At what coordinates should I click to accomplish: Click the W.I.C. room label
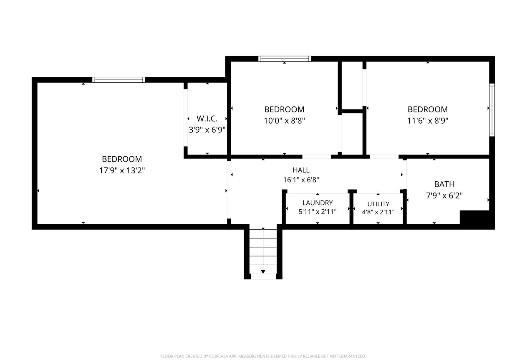[207, 119]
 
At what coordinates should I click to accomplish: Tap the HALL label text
[301, 170]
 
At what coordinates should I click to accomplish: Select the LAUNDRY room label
[318, 203]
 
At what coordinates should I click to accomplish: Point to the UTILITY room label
[378, 204]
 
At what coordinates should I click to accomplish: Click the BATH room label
[444, 184]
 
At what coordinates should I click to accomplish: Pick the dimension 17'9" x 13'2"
[122, 170]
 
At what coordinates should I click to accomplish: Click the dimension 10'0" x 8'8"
[284, 121]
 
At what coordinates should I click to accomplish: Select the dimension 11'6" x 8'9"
[428, 121]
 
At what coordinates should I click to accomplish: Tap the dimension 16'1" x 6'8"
[301, 180]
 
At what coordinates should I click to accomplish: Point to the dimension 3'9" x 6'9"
[207, 130]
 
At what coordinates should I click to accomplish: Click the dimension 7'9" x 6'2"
[444, 195]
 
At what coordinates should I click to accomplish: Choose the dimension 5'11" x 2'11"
[318, 212]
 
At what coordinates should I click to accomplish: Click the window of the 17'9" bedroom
[119, 80]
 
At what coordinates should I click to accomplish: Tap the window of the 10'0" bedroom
[285, 59]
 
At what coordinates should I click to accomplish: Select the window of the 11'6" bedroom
[492, 110]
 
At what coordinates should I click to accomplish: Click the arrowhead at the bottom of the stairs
[263, 272]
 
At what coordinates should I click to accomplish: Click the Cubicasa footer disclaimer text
[263, 356]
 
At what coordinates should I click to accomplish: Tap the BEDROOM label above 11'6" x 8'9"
[428, 109]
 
